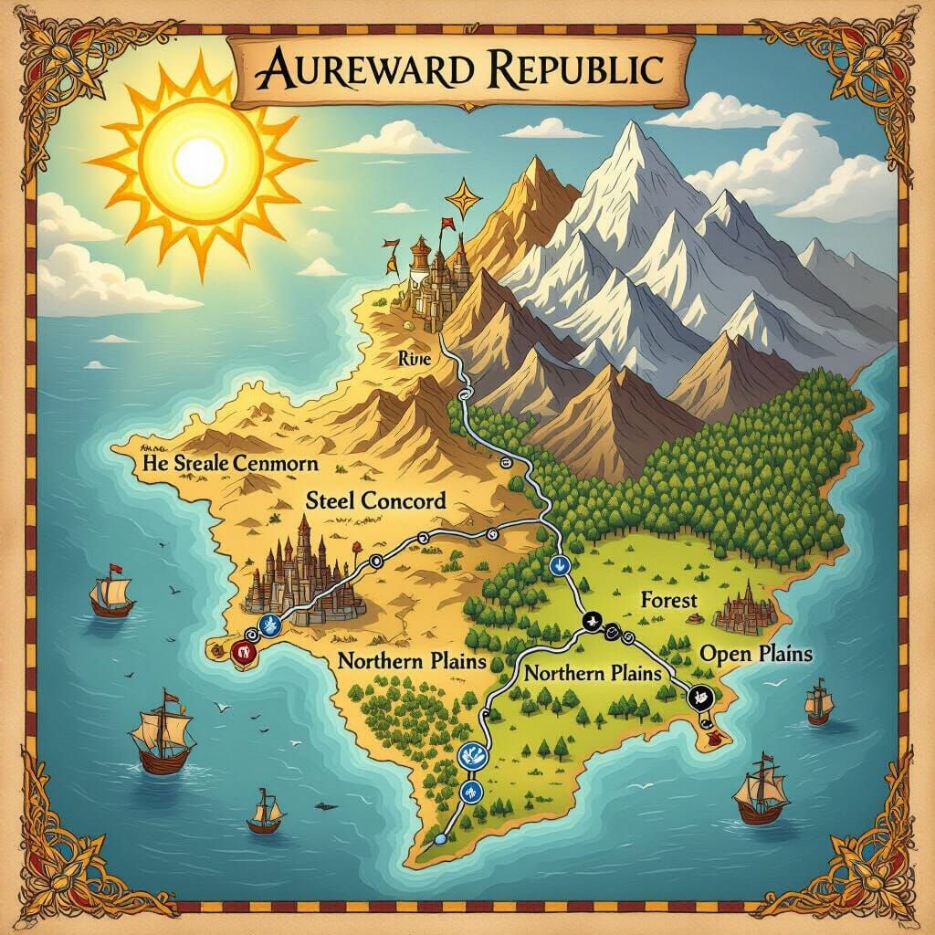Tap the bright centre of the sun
(199, 162)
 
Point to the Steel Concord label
(376, 500)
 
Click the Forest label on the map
(668, 600)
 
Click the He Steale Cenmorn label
(230, 463)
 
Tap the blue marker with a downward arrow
(560, 565)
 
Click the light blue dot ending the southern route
(440, 837)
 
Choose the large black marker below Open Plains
(700, 697)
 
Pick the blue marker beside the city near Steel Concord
(268, 625)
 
